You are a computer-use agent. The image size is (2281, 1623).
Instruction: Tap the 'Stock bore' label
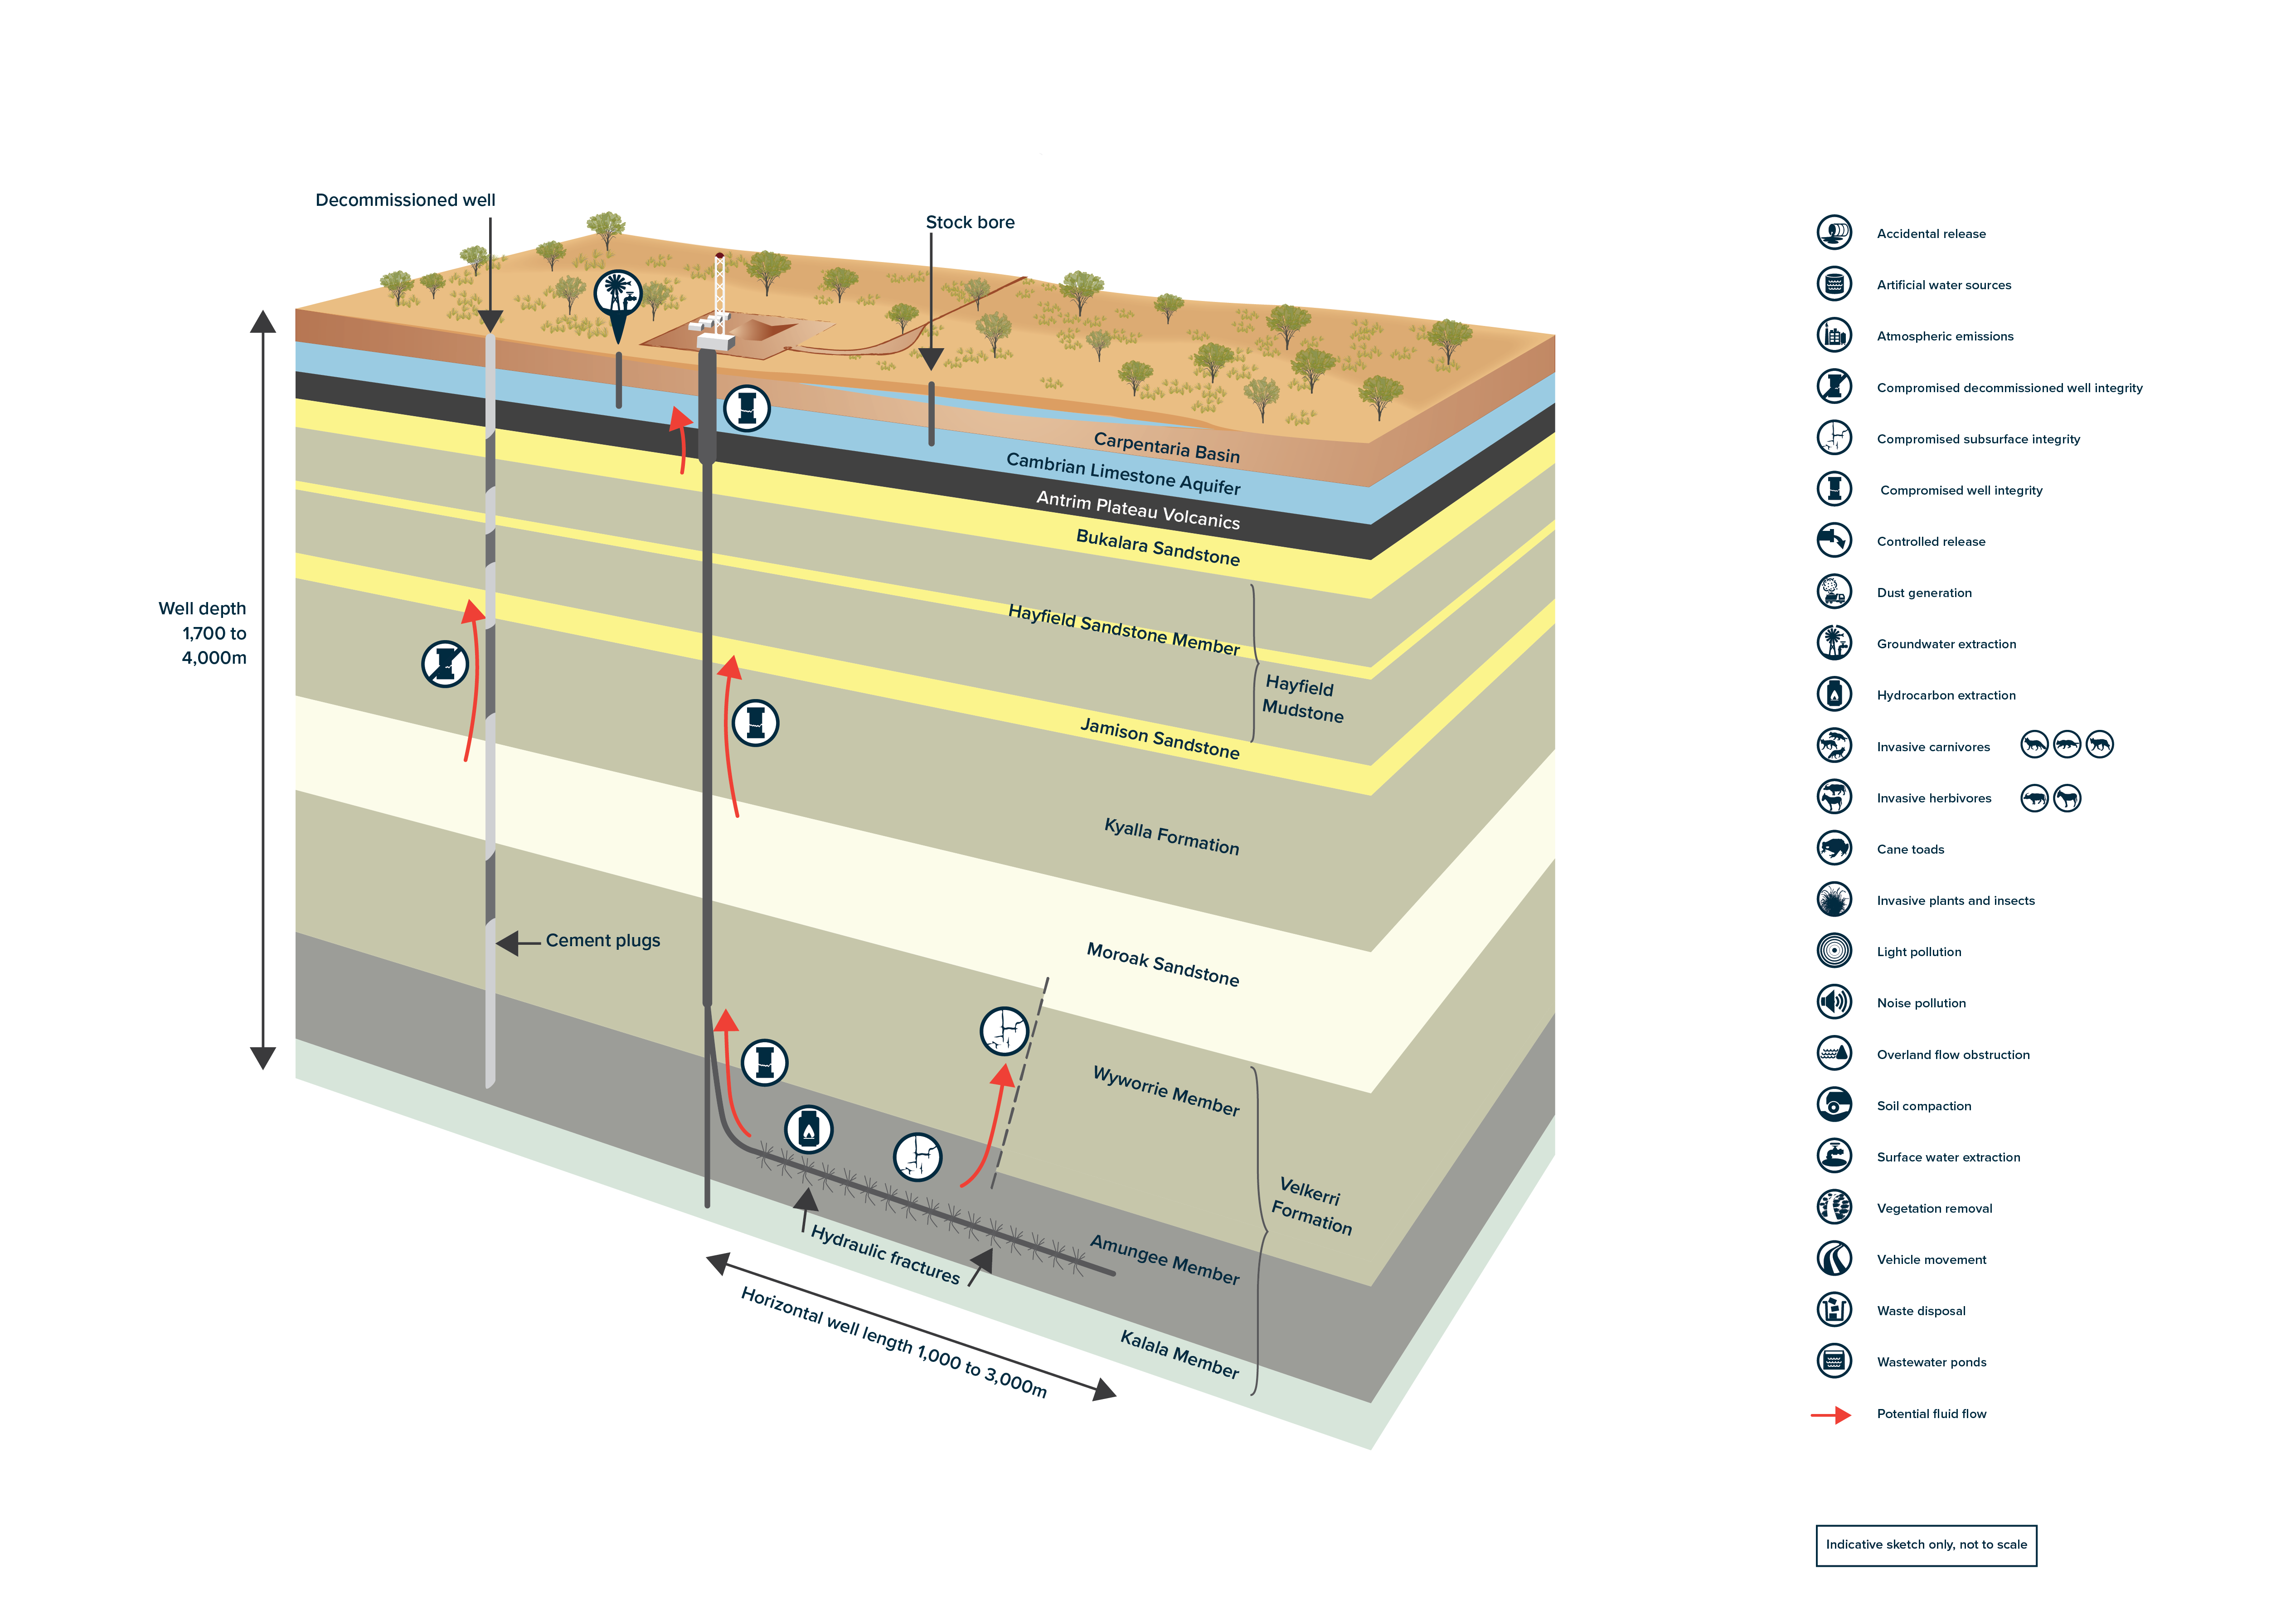(x=969, y=222)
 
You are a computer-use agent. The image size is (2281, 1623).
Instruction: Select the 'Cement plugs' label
(x=602, y=940)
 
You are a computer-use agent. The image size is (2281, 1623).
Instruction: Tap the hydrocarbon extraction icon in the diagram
(x=808, y=1129)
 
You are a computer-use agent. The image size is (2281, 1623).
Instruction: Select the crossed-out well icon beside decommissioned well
(x=445, y=664)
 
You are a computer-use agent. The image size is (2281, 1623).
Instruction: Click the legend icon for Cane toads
(x=1834, y=849)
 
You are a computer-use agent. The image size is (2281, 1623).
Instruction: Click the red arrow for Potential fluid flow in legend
(x=1830, y=1414)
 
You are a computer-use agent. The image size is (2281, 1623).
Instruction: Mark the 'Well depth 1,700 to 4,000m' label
(x=203, y=632)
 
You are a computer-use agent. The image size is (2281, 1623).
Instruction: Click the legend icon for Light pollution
(x=1834, y=950)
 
